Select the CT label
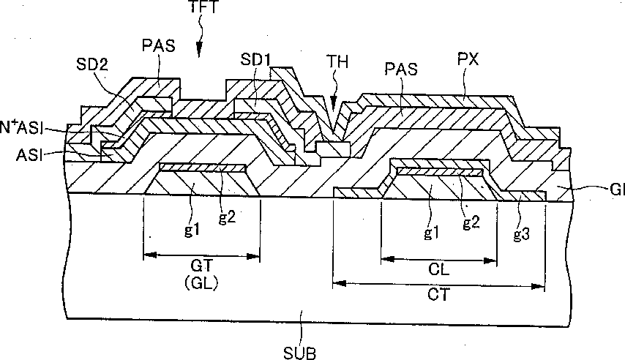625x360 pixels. (438, 296)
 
